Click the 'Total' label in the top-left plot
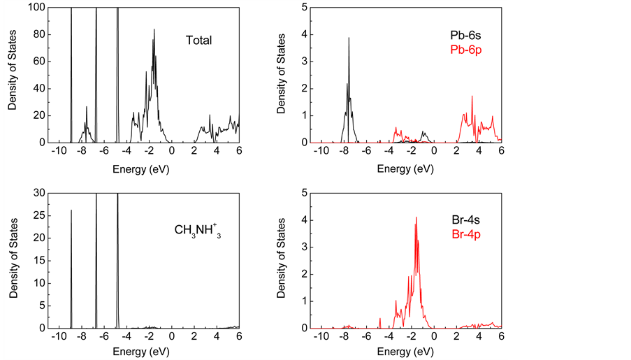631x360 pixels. pyautogui.click(x=198, y=41)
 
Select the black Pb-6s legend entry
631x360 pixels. pyautogui.click(x=465, y=34)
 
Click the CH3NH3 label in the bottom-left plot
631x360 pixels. pyautogui.click(x=198, y=229)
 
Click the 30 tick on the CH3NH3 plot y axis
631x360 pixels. pyautogui.click(x=39, y=193)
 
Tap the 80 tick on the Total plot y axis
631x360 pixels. pyautogui.click(x=39, y=34)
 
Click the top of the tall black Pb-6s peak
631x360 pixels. pyautogui.click(x=349, y=38)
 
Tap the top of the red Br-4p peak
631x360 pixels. pyautogui.click(x=416, y=217)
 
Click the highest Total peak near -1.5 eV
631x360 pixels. pyautogui.click(x=154, y=39)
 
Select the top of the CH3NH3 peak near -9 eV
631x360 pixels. pyautogui.click(x=71, y=210)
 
